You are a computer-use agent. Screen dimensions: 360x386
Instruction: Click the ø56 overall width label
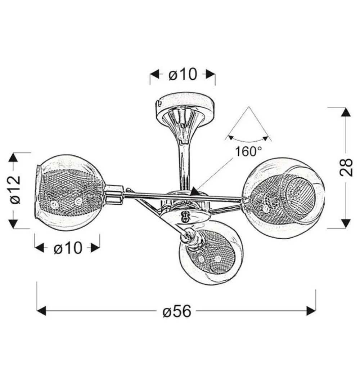pyautogui.click(x=177, y=311)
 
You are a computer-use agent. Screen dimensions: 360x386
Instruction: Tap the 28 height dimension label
pyautogui.click(x=346, y=167)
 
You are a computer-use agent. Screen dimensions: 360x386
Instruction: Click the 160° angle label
pyautogui.click(x=248, y=151)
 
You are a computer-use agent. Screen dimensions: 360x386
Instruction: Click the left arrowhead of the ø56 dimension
pyautogui.click(x=41, y=311)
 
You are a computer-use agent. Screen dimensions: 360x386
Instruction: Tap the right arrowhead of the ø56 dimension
pyautogui.click(x=311, y=311)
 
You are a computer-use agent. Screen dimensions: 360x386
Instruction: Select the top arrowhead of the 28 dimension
pyautogui.click(x=346, y=112)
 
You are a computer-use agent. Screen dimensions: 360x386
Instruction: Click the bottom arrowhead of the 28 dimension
pyautogui.click(x=346, y=223)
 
